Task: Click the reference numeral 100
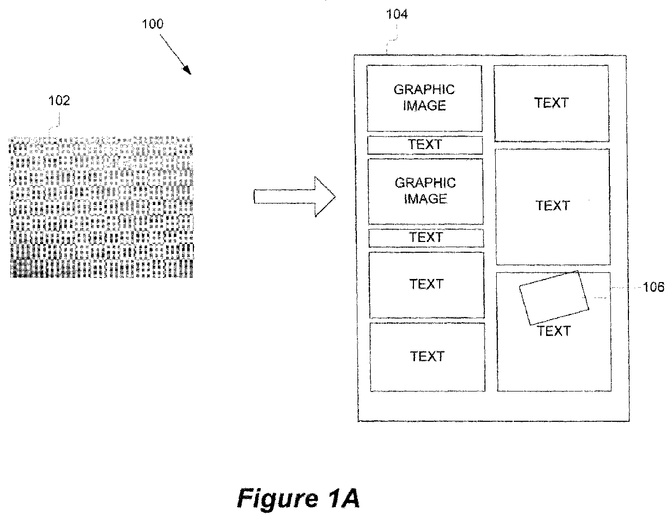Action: click(153, 24)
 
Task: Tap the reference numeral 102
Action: click(59, 101)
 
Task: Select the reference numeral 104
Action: click(396, 14)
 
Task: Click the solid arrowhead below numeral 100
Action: click(187, 70)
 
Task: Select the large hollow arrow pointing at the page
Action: click(294, 196)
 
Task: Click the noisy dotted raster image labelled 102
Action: click(101, 207)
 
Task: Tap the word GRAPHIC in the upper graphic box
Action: click(424, 90)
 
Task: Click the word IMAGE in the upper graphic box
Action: click(424, 106)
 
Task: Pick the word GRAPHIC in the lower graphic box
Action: click(425, 183)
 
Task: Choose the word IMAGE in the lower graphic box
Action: click(425, 199)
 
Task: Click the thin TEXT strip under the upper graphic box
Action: click(425, 145)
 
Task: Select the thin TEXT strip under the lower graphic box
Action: click(426, 238)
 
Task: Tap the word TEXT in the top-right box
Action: click(551, 103)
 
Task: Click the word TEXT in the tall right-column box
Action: click(553, 206)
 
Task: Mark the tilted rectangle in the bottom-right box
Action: click(554, 298)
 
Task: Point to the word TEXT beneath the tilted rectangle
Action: click(554, 331)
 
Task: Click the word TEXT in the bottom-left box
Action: click(427, 357)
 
